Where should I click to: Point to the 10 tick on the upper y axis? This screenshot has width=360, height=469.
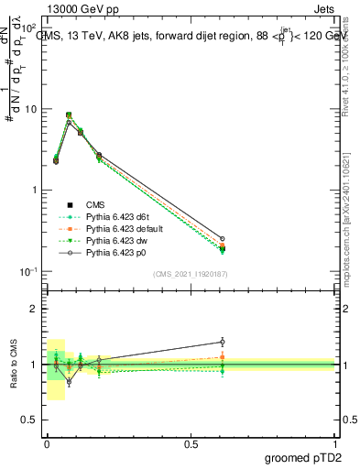(x=32, y=110)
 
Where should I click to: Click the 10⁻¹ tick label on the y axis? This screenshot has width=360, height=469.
(x=30, y=271)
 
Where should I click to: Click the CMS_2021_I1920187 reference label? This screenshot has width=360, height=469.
(x=190, y=273)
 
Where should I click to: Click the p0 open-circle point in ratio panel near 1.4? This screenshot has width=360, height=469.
(x=222, y=342)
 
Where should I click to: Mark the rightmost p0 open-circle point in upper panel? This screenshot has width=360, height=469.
(x=222, y=238)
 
